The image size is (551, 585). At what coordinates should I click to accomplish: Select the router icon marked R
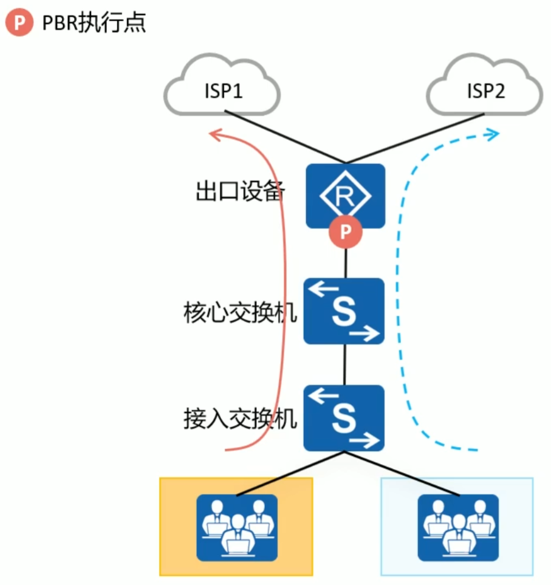tap(345, 194)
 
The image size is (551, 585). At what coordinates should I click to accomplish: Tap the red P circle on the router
tap(346, 232)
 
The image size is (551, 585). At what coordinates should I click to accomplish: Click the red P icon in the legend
tap(19, 23)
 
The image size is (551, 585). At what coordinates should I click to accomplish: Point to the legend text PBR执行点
tap(94, 23)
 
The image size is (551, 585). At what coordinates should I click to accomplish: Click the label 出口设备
tap(240, 193)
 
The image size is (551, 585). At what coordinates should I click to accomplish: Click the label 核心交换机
tap(240, 313)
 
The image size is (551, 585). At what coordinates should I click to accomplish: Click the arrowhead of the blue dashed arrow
tap(493, 133)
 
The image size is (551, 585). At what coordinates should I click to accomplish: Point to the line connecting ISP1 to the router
tap(286, 137)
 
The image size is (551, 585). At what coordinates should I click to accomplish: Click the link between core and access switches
tap(345, 364)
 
